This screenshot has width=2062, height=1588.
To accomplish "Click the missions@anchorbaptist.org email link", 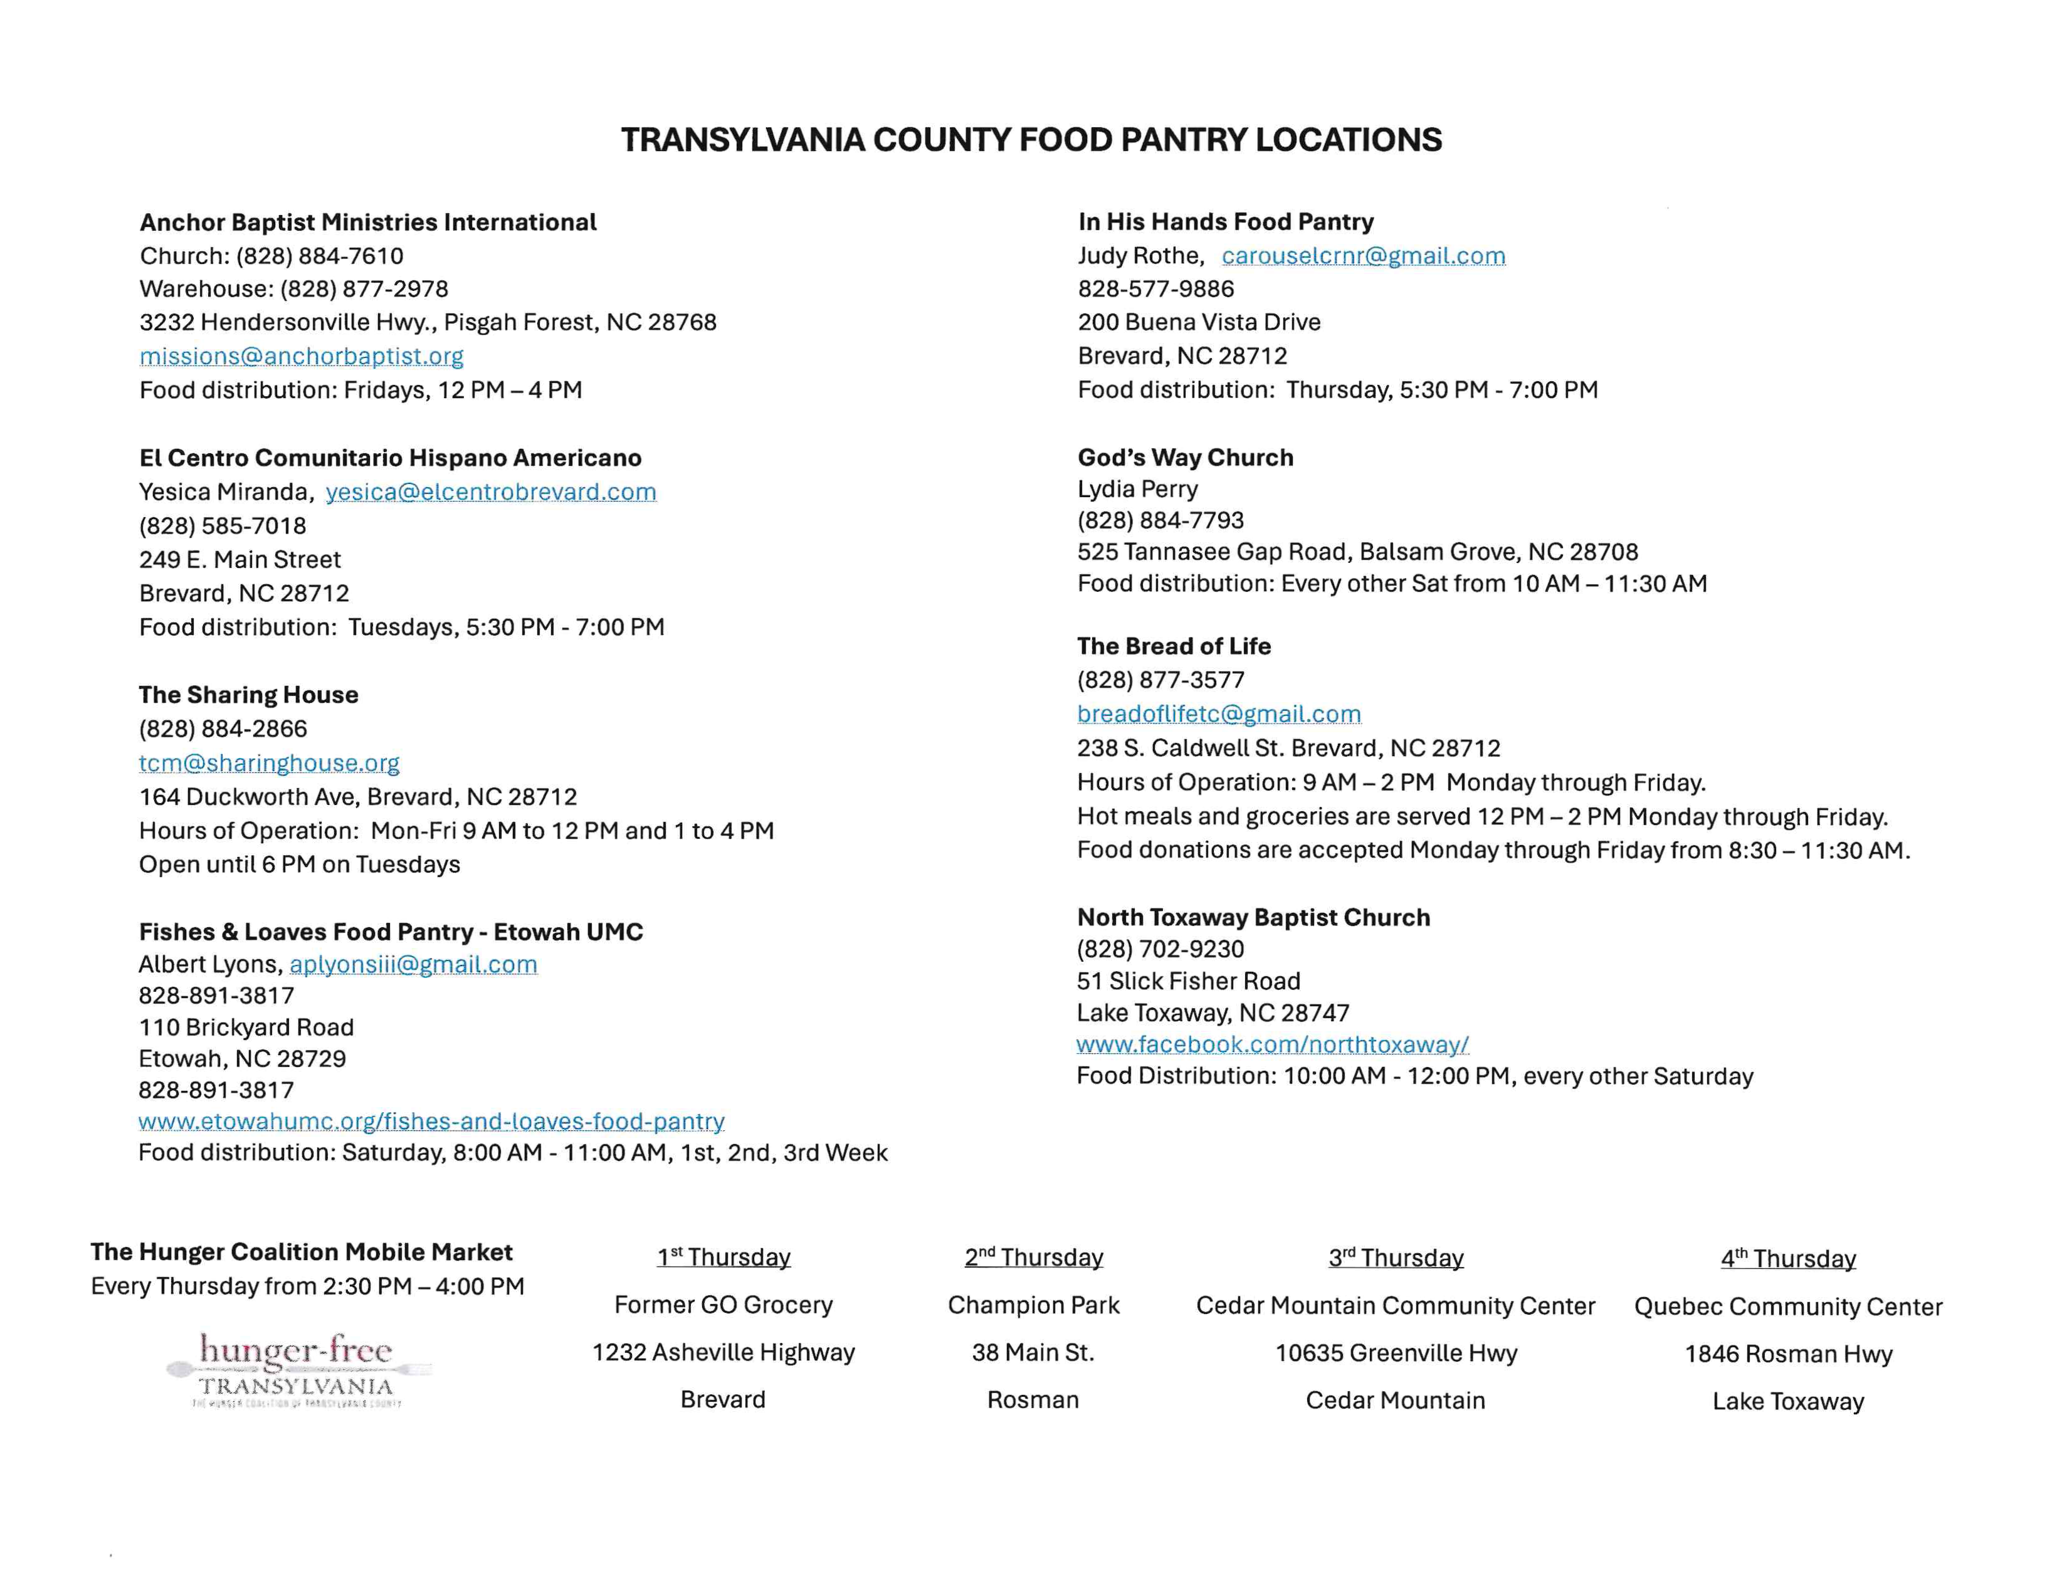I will click(x=301, y=356).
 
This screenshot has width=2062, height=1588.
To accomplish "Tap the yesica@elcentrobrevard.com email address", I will click(x=490, y=492).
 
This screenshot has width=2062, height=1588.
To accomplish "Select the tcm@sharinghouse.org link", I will click(x=269, y=763).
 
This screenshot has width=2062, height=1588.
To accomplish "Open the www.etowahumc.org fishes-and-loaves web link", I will click(x=431, y=1122).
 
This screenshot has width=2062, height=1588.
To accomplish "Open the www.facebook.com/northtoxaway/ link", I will click(x=1272, y=1044).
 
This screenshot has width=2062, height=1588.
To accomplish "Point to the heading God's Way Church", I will click(x=1185, y=458).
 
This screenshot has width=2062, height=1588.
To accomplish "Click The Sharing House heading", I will click(x=248, y=695).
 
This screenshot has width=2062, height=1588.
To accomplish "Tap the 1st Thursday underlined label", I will click(x=723, y=1258).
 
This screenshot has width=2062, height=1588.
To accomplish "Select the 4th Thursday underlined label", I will click(x=1787, y=1258).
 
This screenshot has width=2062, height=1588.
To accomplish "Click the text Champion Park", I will click(x=1033, y=1305).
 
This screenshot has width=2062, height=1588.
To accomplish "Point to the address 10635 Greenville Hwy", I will click(x=1396, y=1353).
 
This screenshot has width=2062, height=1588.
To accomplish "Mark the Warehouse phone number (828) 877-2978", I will click(x=364, y=289).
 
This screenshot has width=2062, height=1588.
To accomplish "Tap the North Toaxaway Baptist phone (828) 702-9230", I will click(x=1160, y=949).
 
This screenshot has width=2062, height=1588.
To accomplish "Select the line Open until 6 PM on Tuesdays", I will click(x=299, y=865).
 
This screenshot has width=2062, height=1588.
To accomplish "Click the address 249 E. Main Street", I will click(x=240, y=560).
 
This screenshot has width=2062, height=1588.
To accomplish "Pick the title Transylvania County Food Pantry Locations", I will click(x=1031, y=140).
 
